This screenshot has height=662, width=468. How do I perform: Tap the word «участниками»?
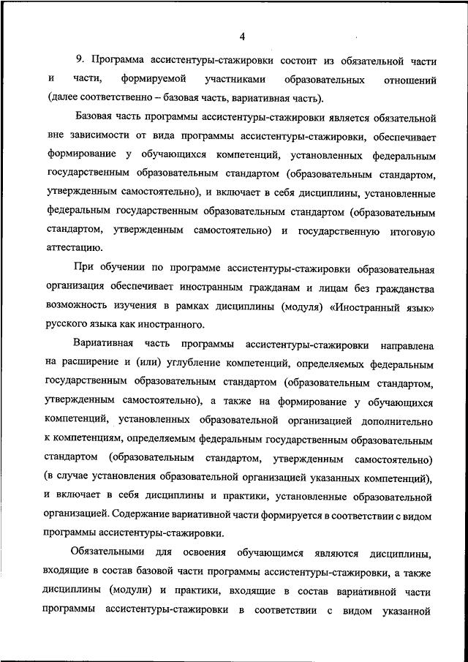(235, 78)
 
